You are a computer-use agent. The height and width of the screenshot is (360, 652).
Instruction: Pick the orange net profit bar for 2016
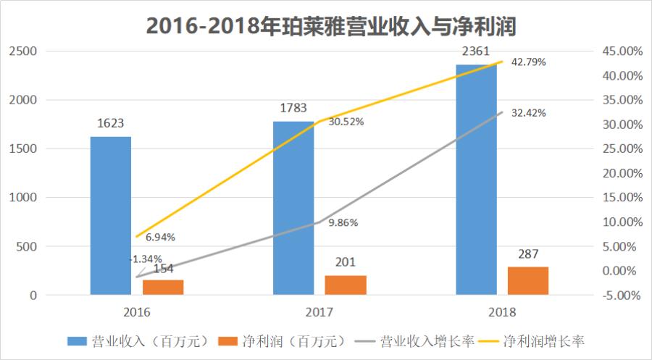(163, 288)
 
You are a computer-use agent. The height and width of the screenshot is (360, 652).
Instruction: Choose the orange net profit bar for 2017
(346, 285)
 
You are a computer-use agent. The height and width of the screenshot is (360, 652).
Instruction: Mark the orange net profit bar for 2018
(528, 281)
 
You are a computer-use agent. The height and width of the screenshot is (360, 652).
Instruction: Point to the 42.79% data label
(529, 62)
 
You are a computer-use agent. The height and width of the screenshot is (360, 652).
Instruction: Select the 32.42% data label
(529, 113)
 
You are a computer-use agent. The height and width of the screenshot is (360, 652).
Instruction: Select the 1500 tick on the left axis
(22, 148)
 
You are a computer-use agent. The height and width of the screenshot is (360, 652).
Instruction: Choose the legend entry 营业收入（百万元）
(138, 340)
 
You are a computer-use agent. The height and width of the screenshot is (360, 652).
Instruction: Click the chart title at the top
(325, 24)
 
